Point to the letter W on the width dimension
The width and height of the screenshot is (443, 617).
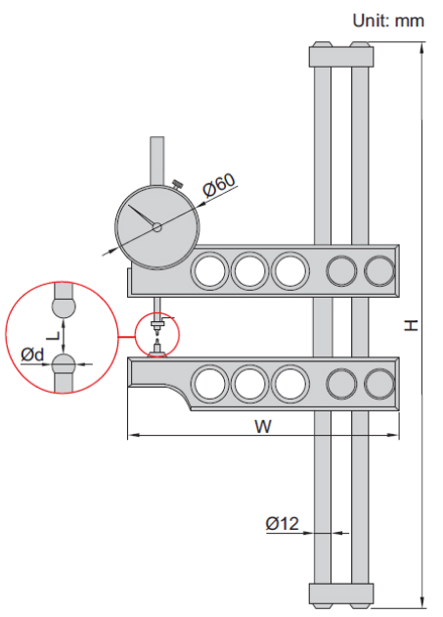point(262,427)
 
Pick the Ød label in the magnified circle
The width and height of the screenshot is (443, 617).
point(33,355)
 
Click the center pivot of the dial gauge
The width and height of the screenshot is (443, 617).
point(156,227)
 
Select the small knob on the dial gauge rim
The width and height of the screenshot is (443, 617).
point(177,185)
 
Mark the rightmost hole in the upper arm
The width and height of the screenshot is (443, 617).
point(378,269)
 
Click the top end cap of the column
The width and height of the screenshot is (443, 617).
point(341,56)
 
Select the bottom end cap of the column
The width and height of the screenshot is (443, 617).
point(341,593)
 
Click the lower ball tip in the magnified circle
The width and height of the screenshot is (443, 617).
point(65,366)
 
